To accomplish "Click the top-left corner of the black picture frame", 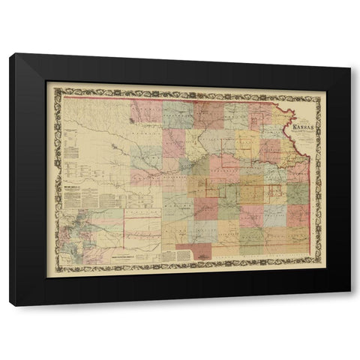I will pos(10,55).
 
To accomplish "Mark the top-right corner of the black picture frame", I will pos(349,55).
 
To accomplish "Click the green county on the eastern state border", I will pos(297,193).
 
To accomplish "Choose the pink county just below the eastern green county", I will pos(297,215).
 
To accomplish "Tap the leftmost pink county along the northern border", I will pos(146,112).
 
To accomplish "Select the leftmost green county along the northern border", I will pos(178,113).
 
